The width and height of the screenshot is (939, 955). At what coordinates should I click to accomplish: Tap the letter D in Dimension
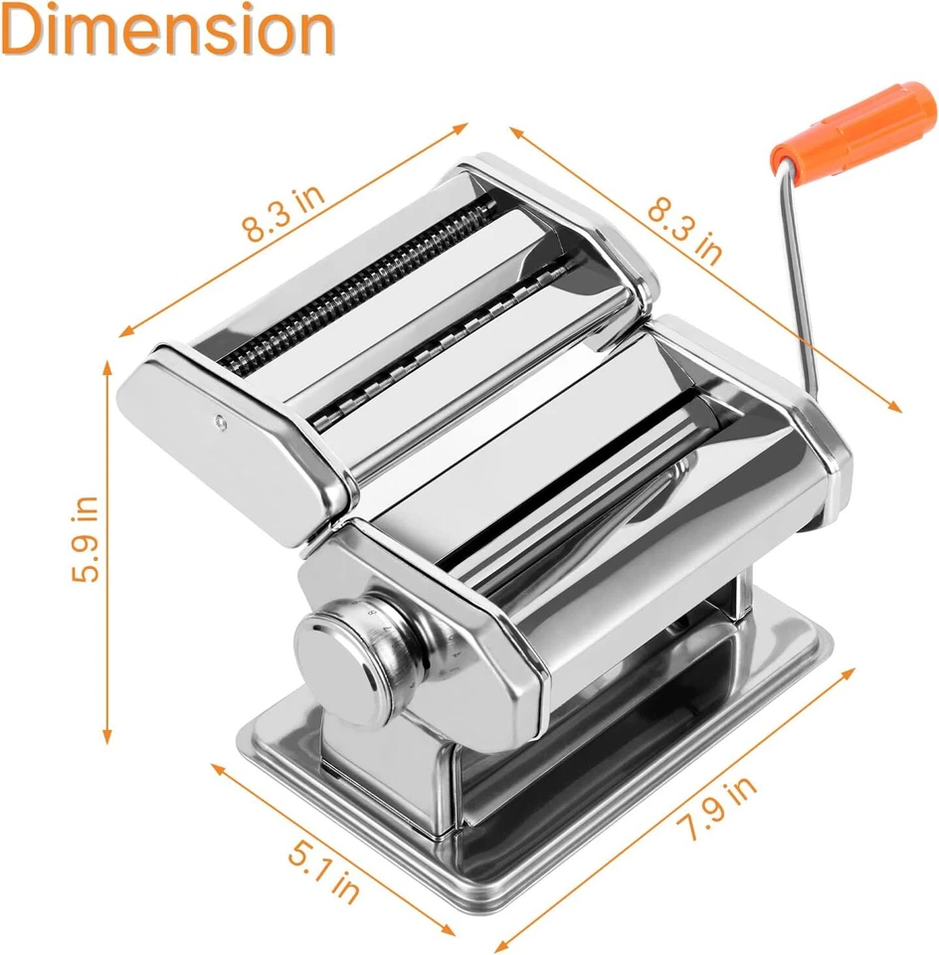coord(24,32)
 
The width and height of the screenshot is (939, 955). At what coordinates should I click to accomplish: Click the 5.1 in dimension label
coord(324,868)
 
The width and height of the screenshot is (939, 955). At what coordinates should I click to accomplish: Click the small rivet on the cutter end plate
coord(221,423)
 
